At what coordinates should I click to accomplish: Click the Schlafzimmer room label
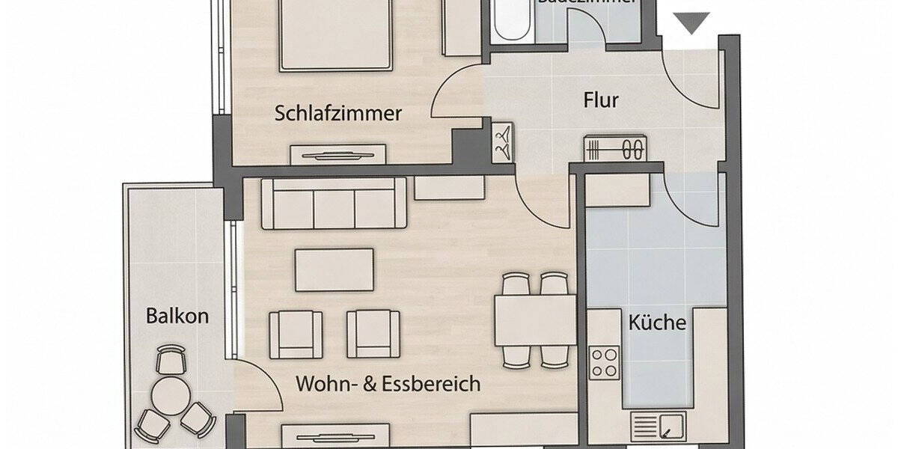click(x=338, y=114)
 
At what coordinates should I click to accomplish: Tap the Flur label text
click(x=601, y=100)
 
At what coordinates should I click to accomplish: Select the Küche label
click(x=657, y=323)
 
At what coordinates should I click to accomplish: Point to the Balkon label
click(x=177, y=316)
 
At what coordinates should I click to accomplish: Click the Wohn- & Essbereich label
click(x=388, y=385)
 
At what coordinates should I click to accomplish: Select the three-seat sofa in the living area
click(x=334, y=203)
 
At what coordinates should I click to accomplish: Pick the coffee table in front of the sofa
click(x=335, y=269)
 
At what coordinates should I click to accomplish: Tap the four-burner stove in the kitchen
click(x=604, y=363)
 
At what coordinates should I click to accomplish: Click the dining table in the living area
click(x=534, y=320)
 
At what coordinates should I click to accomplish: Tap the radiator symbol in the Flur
click(x=614, y=149)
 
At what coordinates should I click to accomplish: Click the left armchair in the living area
click(x=296, y=334)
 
